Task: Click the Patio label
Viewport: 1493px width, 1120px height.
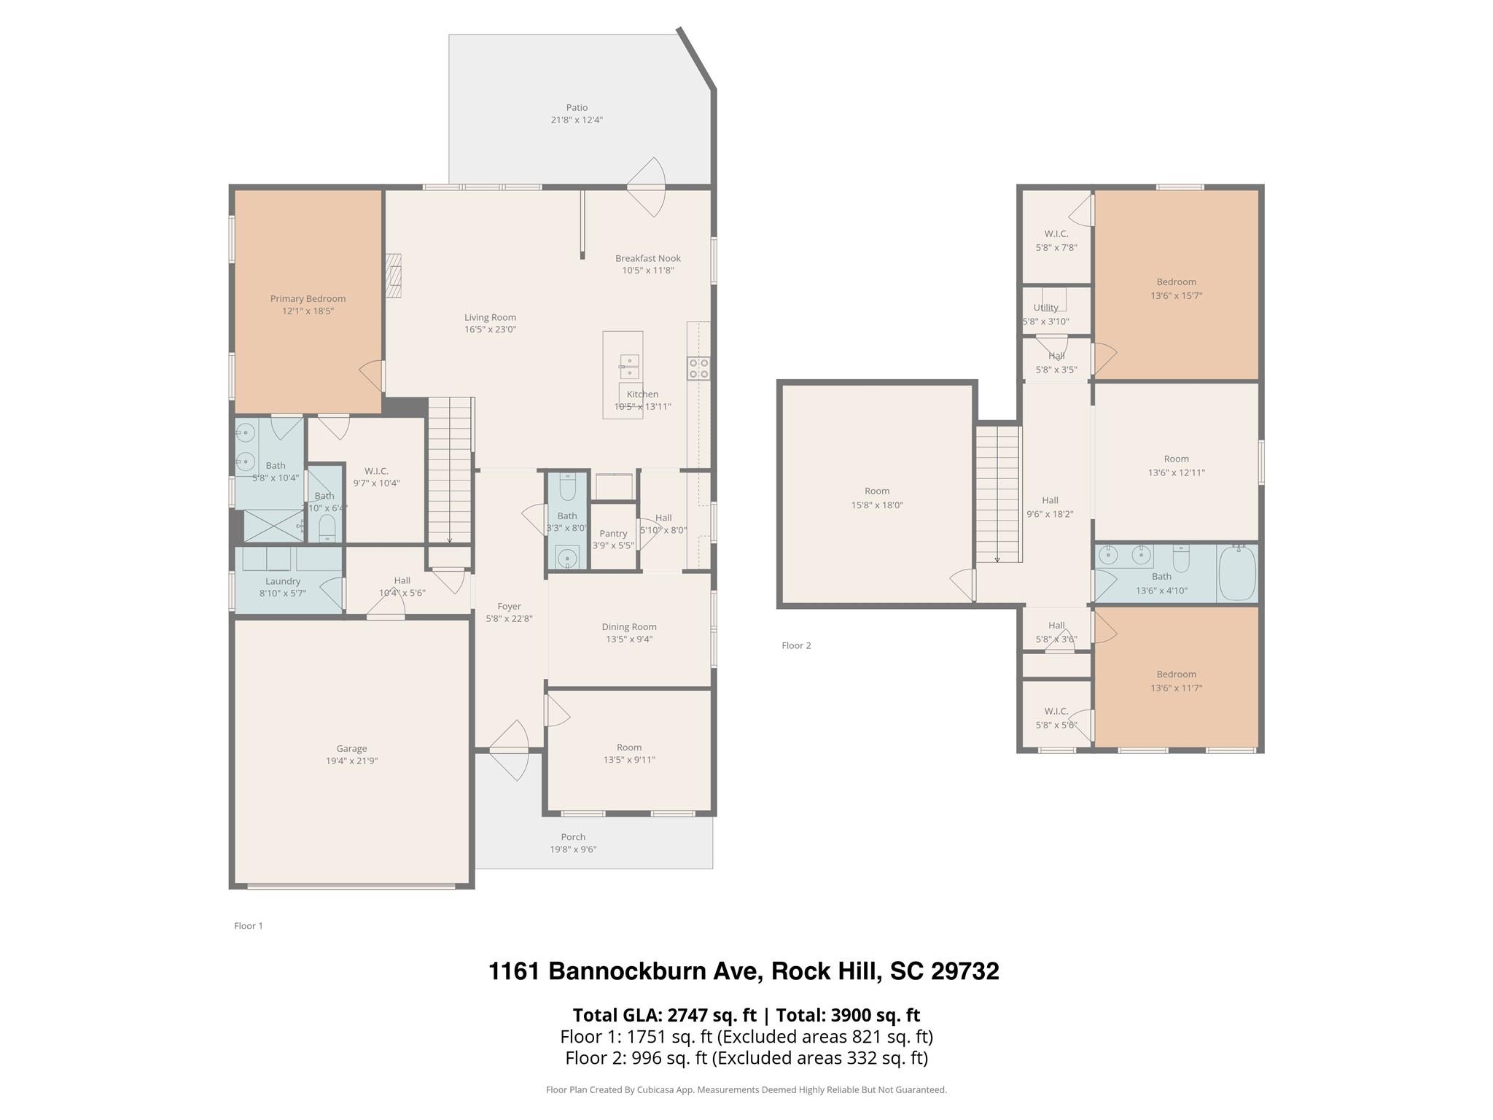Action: (577, 108)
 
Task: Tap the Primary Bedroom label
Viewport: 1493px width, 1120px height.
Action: (308, 298)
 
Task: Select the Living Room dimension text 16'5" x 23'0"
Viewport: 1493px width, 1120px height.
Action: (491, 330)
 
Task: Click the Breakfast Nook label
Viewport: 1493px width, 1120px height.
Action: (648, 258)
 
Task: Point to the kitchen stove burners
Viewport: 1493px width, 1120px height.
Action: (698, 368)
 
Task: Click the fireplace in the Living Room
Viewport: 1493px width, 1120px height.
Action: (394, 276)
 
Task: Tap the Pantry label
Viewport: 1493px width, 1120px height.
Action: (613, 533)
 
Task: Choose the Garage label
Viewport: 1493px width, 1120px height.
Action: (351, 748)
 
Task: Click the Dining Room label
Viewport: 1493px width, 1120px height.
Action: (629, 626)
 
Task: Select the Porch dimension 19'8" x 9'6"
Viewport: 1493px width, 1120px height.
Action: (573, 849)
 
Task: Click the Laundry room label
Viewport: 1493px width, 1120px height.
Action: (283, 581)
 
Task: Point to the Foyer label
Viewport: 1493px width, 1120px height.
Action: (509, 606)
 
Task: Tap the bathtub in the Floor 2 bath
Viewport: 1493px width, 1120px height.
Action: (1237, 573)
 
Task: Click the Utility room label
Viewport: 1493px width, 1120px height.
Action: (1045, 308)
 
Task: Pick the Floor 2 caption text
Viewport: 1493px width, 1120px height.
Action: (796, 645)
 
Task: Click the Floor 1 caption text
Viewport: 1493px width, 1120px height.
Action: (249, 926)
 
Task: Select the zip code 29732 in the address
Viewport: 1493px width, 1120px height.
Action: (962, 971)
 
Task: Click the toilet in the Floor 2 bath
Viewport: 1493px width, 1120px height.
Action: (1181, 559)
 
